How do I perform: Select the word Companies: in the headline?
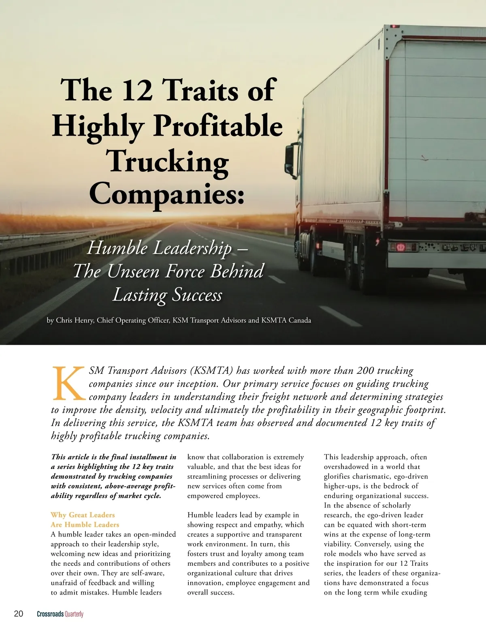[x=167, y=194]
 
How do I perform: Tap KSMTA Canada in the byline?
[x=286, y=320]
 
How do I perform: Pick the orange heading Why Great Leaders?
[x=83, y=515]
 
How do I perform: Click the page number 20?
[x=19, y=614]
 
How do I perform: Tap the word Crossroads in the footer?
[x=50, y=614]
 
